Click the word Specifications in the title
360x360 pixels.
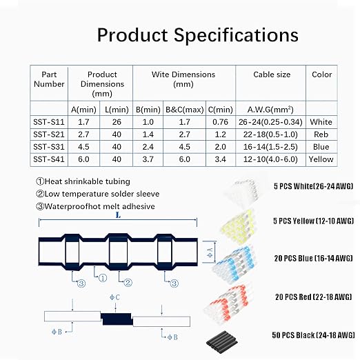pos(236,36)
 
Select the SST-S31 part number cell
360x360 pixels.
pos(49,147)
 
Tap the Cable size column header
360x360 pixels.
pos(272,74)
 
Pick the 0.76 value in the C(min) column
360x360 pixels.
pos(220,122)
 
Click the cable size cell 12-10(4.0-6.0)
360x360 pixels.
pos(270,159)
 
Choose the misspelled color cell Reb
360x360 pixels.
pos(321,134)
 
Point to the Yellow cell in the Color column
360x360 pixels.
pos(321,159)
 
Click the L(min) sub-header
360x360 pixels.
pos(117,110)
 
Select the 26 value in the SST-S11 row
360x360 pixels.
pos(117,122)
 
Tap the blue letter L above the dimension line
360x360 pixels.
pos(118,215)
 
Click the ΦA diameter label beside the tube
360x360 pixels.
pos(210,252)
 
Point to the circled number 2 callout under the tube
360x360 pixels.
pos(128,283)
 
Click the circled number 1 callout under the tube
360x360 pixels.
pos(103,278)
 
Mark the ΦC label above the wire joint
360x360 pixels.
pos(114,297)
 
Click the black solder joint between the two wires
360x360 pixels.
pos(117,319)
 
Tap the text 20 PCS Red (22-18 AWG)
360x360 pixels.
pos(314,297)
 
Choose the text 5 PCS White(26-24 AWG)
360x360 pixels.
pos(313,186)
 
